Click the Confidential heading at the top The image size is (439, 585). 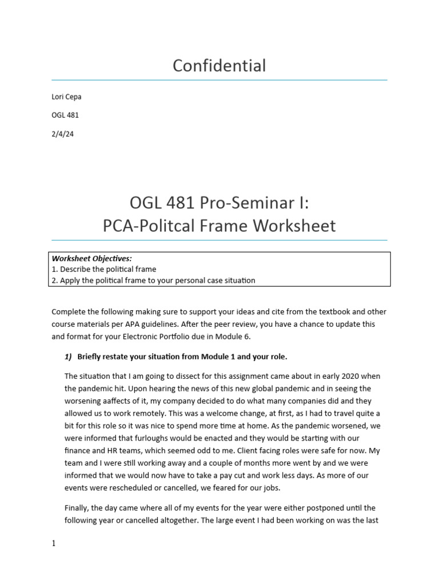pyautogui.click(x=219, y=66)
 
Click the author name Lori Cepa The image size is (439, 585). pyautogui.click(x=66, y=97)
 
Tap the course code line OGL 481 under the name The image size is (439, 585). pyautogui.click(x=65, y=115)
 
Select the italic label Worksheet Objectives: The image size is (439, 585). pyautogui.click(x=91, y=258)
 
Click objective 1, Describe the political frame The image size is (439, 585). pyautogui.click(x=104, y=269)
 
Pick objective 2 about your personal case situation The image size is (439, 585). pyautogui.click(x=153, y=280)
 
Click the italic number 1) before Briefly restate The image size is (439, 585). pyautogui.click(x=68, y=357)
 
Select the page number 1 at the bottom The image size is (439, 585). pyautogui.click(x=54, y=544)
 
